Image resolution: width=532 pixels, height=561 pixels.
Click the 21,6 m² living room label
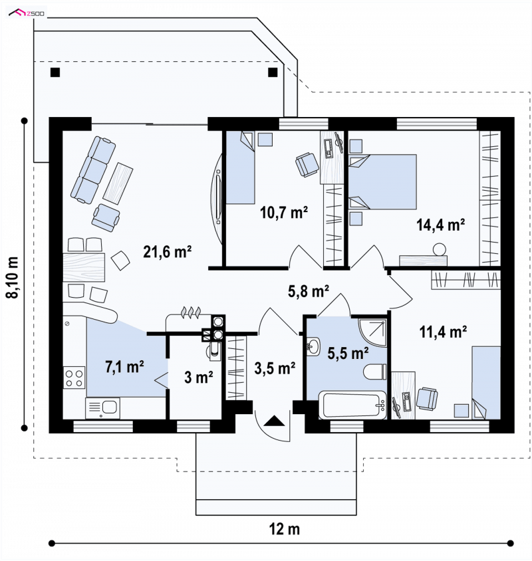pos(167,251)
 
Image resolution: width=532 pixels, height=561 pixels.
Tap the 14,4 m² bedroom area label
pos(440,225)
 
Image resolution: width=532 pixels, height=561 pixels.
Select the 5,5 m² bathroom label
pos(348,353)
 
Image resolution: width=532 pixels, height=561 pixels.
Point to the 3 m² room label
pos(198,377)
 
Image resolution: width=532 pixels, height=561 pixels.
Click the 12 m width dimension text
pos(284,529)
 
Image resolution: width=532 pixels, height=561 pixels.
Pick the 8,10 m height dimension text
pos(13,277)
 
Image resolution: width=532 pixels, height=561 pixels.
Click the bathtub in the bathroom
pos(352,405)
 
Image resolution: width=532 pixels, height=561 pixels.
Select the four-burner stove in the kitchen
pos(74,378)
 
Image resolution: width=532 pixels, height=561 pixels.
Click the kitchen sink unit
pos(102,408)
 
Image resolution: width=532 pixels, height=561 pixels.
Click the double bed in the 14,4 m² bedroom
pos(383,181)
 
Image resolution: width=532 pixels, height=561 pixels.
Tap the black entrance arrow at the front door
pos(274,420)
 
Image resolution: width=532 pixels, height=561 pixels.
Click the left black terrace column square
pos(55,72)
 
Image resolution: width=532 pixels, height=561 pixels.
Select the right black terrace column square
pos(273,72)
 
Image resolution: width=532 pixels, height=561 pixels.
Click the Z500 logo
pos(27,13)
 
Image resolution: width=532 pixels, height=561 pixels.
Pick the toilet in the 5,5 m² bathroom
pos(375,372)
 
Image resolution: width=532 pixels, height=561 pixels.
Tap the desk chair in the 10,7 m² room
pos(307,164)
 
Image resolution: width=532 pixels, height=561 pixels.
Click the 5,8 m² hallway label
pos(309,291)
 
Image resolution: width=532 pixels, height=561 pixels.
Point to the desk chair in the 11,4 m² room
pos(427,398)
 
